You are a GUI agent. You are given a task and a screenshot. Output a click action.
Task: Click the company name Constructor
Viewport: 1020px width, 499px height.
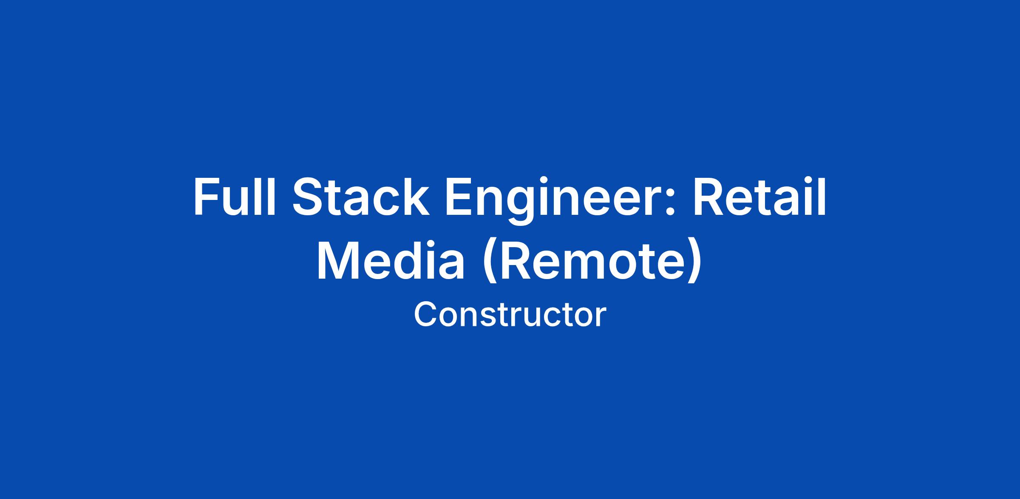point(510,315)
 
